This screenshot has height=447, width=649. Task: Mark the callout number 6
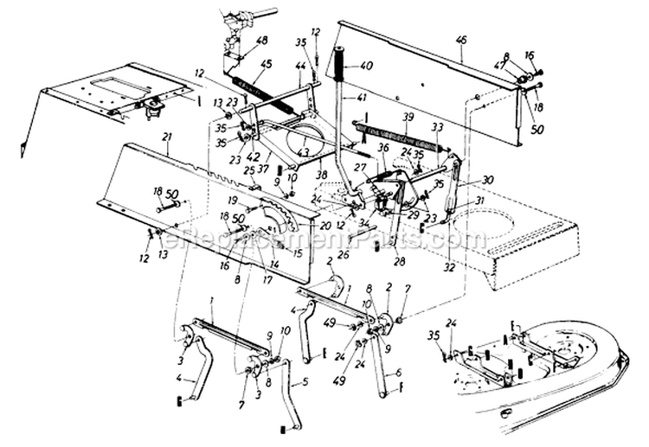pos(399,373)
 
